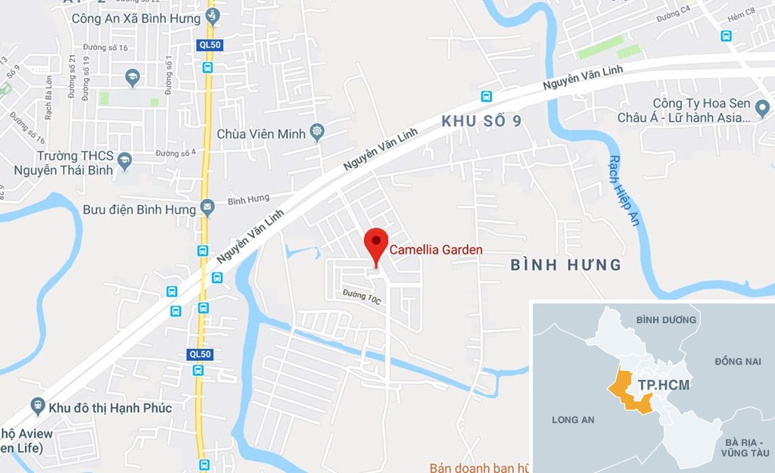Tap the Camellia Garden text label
click(436, 250)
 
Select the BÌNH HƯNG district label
click(566, 265)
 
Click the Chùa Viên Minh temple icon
click(316, 133)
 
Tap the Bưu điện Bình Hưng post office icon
click(208, 208)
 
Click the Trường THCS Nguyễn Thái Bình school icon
click(125, 160)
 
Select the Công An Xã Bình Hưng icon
click(213, 16)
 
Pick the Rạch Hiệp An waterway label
click(623, 190)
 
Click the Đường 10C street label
click(361, 296)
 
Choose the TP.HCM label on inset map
click(663, 385)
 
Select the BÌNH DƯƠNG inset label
click(666, 320)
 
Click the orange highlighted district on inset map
click(628, 394)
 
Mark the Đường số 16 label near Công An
click(113, 47)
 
